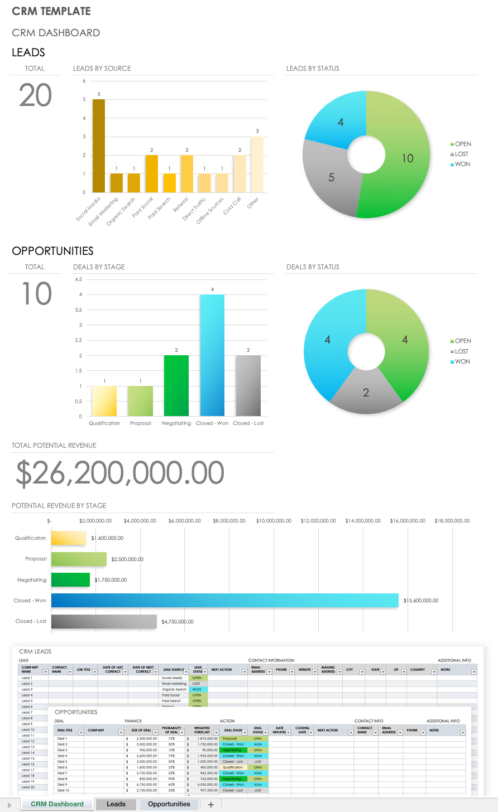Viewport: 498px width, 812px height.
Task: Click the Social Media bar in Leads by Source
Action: point(98,146)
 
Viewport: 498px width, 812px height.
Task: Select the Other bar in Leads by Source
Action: point(257,165)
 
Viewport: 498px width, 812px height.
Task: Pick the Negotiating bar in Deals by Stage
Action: point(176,386)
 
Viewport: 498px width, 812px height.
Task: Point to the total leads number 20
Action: point(35,95)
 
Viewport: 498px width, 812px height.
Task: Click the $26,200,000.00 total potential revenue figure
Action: point(119,473)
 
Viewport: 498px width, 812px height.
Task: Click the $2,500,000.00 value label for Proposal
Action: point(127,559)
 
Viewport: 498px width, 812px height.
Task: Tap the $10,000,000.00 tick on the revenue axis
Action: point(274,521)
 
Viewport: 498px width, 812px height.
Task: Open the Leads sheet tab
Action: point(116,804)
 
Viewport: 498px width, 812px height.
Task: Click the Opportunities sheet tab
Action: point(169,804)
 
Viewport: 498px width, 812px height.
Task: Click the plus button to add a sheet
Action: point(211,804)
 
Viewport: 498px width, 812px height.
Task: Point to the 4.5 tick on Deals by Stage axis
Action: point(78,279)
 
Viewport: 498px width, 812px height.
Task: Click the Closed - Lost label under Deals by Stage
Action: point(248,423)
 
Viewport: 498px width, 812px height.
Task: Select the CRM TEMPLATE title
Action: point(51,11)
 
